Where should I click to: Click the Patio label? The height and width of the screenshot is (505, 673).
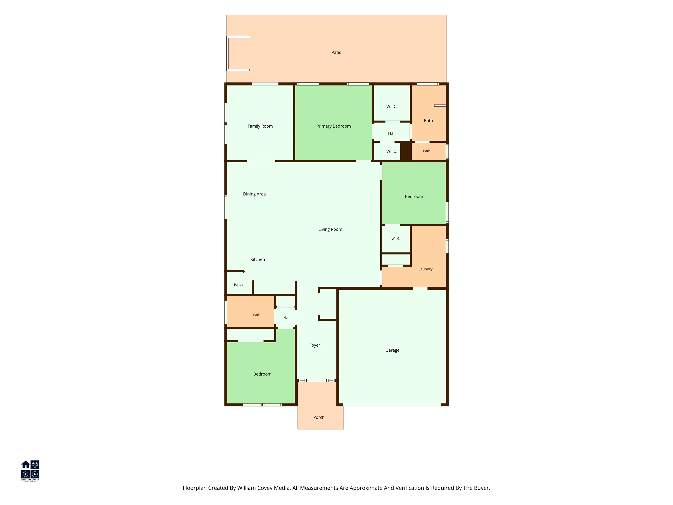click(336, 52)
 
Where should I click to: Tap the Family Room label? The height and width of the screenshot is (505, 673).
click(260, 126)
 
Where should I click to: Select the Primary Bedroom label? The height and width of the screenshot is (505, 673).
click(333, 126)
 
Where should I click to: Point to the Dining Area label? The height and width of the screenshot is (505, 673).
click(254, 194)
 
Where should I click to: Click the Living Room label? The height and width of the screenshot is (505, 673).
click(330, 229)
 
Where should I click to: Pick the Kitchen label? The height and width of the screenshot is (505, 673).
click(257, 259)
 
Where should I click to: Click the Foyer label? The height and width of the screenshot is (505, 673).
click(315, 345)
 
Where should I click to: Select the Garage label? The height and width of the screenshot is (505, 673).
click(392, 350)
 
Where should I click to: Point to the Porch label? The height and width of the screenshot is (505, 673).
click(319, 417)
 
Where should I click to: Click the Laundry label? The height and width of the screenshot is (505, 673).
click(425, 269)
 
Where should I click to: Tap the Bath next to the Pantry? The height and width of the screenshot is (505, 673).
click(257, 315)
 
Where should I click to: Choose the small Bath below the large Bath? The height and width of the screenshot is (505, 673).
click(427, 151)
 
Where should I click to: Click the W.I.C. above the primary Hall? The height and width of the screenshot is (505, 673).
click(391, 106)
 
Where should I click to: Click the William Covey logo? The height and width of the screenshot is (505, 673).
click(30, 471)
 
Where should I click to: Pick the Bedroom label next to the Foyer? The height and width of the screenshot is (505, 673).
click(262, 374)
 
